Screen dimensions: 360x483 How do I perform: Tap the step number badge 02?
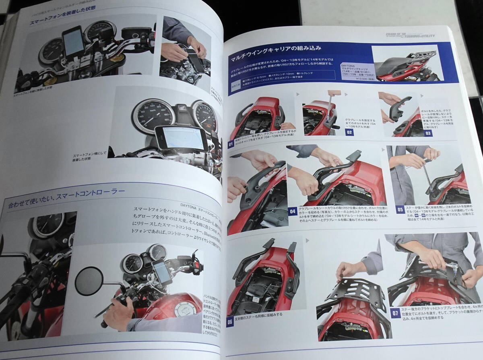tap(349, 132)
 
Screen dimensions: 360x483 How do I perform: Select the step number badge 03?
tap(428, 133)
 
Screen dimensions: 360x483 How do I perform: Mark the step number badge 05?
tap(400, 209)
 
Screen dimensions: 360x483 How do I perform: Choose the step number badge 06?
tap(230, 322)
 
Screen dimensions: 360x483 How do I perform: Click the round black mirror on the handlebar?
tap(89, 281)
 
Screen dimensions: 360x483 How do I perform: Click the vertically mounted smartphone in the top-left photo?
tap(73, 42)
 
